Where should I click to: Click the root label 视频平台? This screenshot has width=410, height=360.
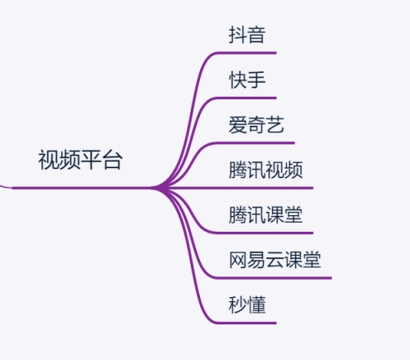[x=80, y=160]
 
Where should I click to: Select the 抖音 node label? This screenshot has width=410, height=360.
[x=247, y=35]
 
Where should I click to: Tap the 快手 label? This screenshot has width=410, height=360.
[x=247, y=80]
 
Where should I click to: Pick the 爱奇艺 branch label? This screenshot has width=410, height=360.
[x=256, y=125]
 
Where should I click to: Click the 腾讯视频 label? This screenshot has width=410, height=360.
[x=265, y=170]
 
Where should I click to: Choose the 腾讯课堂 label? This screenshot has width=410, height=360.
[x=265, y=215]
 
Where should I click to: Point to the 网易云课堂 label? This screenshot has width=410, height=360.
[x=274, y=260]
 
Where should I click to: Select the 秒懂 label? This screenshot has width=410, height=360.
[x=247, y=305]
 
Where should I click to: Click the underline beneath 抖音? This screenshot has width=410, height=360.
[x=246, y=53]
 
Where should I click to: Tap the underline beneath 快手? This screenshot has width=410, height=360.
[x=246, y=98]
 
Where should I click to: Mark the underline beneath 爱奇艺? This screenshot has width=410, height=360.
[x=255, y=143]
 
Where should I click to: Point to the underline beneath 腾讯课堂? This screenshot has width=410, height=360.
[x=264, y=233]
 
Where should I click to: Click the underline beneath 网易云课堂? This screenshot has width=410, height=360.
[x=273, y=278]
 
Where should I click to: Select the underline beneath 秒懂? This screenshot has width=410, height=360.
[x=246, y=323]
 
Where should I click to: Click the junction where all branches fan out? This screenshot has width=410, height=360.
[x=162, y=188]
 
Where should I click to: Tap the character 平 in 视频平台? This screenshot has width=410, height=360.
[x=91, y=160]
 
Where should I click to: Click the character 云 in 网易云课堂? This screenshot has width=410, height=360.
[x=274, y=260]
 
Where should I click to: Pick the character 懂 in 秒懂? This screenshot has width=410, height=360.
[x=256, y=305]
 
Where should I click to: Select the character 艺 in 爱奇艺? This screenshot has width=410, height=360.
[x=274, y=125]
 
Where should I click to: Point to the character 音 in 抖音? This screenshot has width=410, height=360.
[x=256, y=35]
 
